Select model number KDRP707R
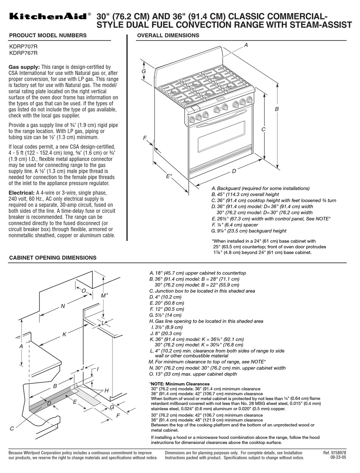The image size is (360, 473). (23, 46)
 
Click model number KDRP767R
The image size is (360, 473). (23, 53)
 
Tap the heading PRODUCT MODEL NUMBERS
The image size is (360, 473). (48, 36)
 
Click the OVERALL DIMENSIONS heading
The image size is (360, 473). (168, 36)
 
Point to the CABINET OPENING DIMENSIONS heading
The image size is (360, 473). (53, 258)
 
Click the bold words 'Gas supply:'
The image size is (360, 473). (24, 67)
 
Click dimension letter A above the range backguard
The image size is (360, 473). (246, 45)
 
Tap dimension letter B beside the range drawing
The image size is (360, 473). (277, 109)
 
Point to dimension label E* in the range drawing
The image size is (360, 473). (169, 176)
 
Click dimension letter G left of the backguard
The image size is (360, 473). (144, 71)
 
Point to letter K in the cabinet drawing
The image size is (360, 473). (64, 334)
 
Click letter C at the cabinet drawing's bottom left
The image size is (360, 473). (12, 428)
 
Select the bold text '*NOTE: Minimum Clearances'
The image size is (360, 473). (180, 384)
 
